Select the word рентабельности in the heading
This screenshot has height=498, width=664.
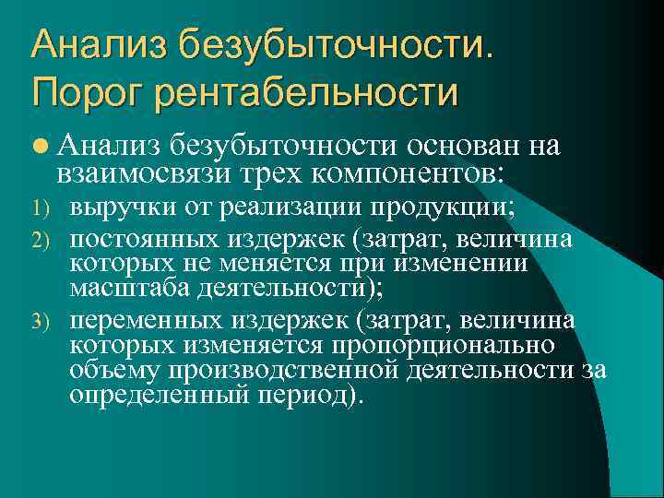(x=307, y=92)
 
